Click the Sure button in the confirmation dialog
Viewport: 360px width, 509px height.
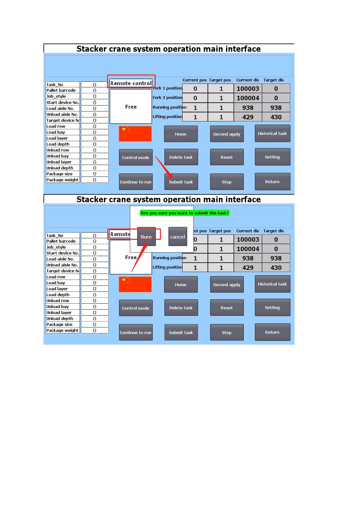point(147,237)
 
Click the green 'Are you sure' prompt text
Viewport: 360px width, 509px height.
point(185,213)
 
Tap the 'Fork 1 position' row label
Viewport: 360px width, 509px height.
point(167,88)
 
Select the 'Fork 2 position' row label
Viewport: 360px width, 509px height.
point(167,97)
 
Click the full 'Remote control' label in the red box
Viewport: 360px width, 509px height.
point(131,83)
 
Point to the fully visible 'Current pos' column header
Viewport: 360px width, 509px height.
point(194,80)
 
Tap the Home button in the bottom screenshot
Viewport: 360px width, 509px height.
point(181,285)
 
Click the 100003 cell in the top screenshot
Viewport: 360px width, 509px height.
point(248,88)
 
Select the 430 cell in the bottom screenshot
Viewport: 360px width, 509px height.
point(276,267)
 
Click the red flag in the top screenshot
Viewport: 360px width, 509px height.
point(135,134)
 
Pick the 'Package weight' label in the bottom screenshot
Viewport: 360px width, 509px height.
point(63,330)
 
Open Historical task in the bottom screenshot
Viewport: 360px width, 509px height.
point(272,284)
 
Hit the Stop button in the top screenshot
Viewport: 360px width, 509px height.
point(227,182)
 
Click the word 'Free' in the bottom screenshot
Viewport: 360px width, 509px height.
point(131,257)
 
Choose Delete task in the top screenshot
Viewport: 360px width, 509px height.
point(181,157)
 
